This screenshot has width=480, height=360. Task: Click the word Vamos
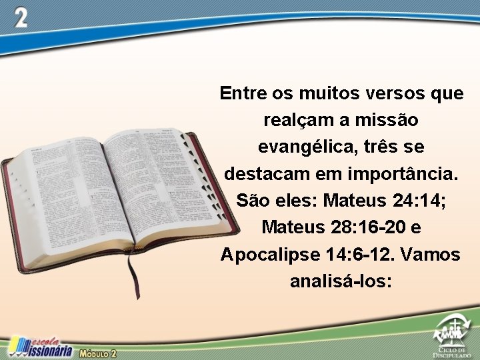435,254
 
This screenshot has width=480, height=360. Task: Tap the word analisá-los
341,281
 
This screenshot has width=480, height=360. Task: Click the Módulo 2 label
98,353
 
